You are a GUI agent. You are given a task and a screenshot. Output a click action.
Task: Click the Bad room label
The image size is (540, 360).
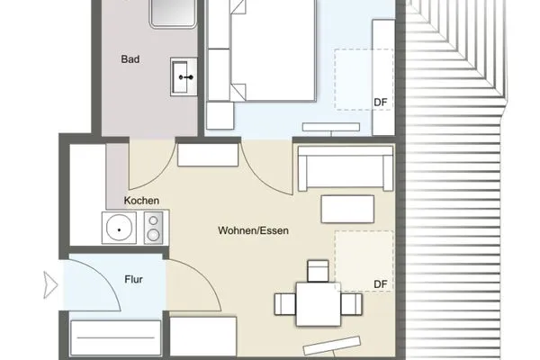[x=130, y=59]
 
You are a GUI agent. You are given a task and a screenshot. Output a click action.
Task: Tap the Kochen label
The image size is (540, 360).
[x=141, y=201]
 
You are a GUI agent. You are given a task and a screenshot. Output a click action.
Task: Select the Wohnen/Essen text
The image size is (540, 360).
[x=253, y=230]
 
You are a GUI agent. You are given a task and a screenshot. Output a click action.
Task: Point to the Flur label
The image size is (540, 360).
[x=133, y=279]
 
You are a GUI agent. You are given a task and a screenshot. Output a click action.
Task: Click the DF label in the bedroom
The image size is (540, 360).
[x=381, y=103]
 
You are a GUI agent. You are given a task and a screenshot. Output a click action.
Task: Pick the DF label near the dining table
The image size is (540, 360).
[x=381, y=284]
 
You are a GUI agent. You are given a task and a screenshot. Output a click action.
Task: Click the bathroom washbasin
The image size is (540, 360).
[x=184, y=76]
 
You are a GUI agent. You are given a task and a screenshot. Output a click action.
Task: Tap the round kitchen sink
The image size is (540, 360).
[x=119, y=228]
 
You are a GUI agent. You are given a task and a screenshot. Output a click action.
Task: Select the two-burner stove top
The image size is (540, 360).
[x=153, y=228]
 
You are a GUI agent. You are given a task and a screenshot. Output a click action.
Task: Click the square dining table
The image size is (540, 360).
[x=319, y=304]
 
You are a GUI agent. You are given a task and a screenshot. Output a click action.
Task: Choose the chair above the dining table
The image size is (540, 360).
[x=318, y=271]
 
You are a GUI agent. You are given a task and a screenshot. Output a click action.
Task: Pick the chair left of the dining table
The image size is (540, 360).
[x=285, y=304]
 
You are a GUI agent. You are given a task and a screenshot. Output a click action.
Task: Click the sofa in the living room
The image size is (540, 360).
[x=346, y=168]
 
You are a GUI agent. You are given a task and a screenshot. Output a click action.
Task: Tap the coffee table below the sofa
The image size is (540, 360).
[x=347, y=209]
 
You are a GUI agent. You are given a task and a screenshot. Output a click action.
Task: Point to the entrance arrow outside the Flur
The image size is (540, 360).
[x=50, y=285]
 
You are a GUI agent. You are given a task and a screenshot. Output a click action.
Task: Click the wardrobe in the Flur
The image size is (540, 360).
[x=116, y=337]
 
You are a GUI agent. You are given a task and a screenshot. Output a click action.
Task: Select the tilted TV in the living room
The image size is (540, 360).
[x=332, y=346]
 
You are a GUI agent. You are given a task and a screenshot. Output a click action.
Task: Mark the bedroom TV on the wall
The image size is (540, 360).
[x=331, y=127]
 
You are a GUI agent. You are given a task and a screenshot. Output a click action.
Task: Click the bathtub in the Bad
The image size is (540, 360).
[x=173, y=13]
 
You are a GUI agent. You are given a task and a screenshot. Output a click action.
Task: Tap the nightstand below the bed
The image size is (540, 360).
[x=220, y=115]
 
